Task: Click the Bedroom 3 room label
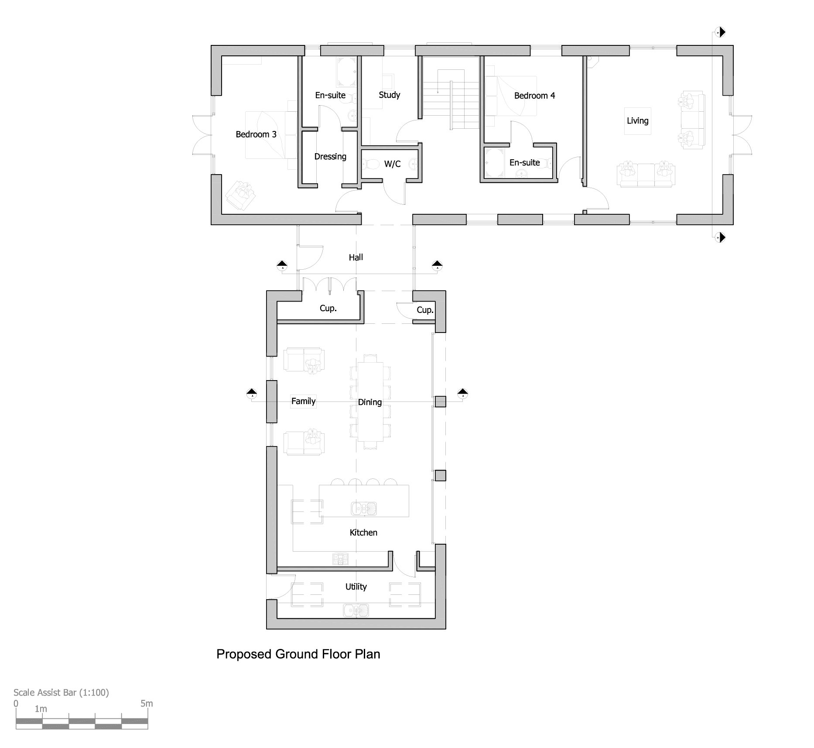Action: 256,134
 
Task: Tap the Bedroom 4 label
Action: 534,96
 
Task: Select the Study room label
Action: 390,95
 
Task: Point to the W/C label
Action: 392,164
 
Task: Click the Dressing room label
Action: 330,157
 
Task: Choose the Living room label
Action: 637,121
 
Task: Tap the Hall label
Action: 356,257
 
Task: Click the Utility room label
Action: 356,587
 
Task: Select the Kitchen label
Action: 363,532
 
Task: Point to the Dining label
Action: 370,402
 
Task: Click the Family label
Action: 303,401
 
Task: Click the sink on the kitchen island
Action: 364,508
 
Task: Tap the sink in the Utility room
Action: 356,610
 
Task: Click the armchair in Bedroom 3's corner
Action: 240,195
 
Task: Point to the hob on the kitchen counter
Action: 341,559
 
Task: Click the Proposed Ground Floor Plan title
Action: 298,654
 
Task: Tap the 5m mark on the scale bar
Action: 147,703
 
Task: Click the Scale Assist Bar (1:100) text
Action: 61,693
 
